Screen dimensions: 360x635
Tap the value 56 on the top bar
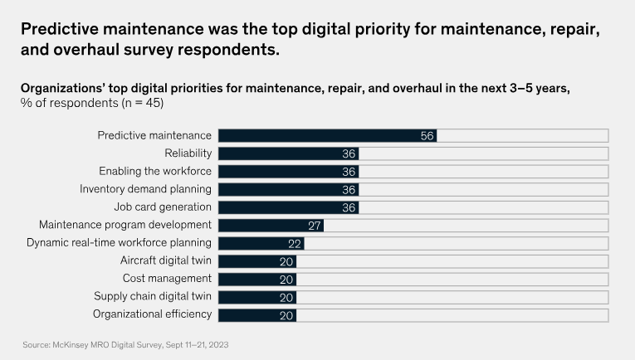[427, 135]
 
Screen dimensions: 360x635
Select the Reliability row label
[188, 153]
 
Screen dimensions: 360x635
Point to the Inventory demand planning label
[145, 189]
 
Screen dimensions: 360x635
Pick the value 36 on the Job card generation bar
[349, 207]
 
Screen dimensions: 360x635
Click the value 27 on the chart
[314, 225]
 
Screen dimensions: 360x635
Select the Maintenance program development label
[125, 225]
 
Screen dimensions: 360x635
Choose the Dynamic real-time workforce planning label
[119, 243]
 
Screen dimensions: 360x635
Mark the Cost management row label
[167, 279]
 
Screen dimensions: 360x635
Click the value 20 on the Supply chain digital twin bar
[287, 297]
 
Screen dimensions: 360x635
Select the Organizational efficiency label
[152, 314]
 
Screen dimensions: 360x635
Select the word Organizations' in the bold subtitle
[62, 88]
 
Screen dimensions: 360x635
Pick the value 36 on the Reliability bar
[349, 153]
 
